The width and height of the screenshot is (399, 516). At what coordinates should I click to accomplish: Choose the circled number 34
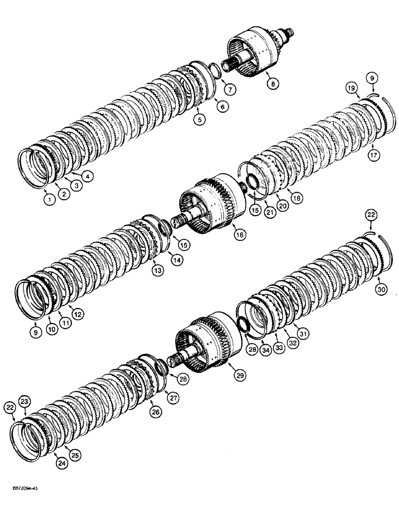tap(266, 351)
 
